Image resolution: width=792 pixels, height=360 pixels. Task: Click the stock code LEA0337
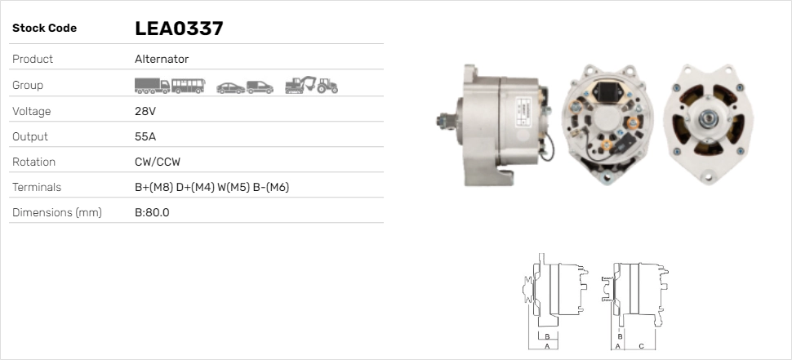pos(179,29)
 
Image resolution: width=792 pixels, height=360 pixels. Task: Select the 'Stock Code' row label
pos(44,29)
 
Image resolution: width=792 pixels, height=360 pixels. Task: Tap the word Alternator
pos(162,59)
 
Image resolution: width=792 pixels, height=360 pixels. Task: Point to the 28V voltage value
pos(145,111)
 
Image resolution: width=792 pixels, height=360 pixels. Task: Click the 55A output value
pos(145,136)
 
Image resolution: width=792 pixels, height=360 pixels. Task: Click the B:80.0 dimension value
pos(152,212)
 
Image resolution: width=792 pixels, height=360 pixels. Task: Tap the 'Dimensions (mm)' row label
pos(56,212)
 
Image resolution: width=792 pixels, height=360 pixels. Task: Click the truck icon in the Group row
pos(152,86)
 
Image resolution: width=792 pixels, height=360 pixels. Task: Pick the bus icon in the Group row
pos(189,86)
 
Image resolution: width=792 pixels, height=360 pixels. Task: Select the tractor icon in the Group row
pos(327,86)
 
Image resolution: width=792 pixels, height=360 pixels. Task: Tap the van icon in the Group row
pos(260,87)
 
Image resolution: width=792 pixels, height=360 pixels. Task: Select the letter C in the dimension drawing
pos(641,346)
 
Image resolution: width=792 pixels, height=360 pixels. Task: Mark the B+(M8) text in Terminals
pos(154,187)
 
